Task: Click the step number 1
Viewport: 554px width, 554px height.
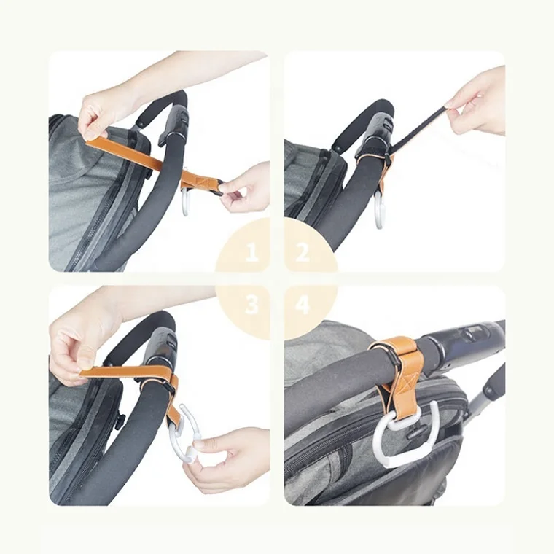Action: pos(251,254)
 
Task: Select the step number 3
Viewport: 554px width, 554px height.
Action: pos(251,305)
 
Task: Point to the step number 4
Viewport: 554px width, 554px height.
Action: pos(303,305)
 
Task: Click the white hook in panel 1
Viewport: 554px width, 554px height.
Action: pos(187,204)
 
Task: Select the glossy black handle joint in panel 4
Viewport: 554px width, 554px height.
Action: pos(467,339)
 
